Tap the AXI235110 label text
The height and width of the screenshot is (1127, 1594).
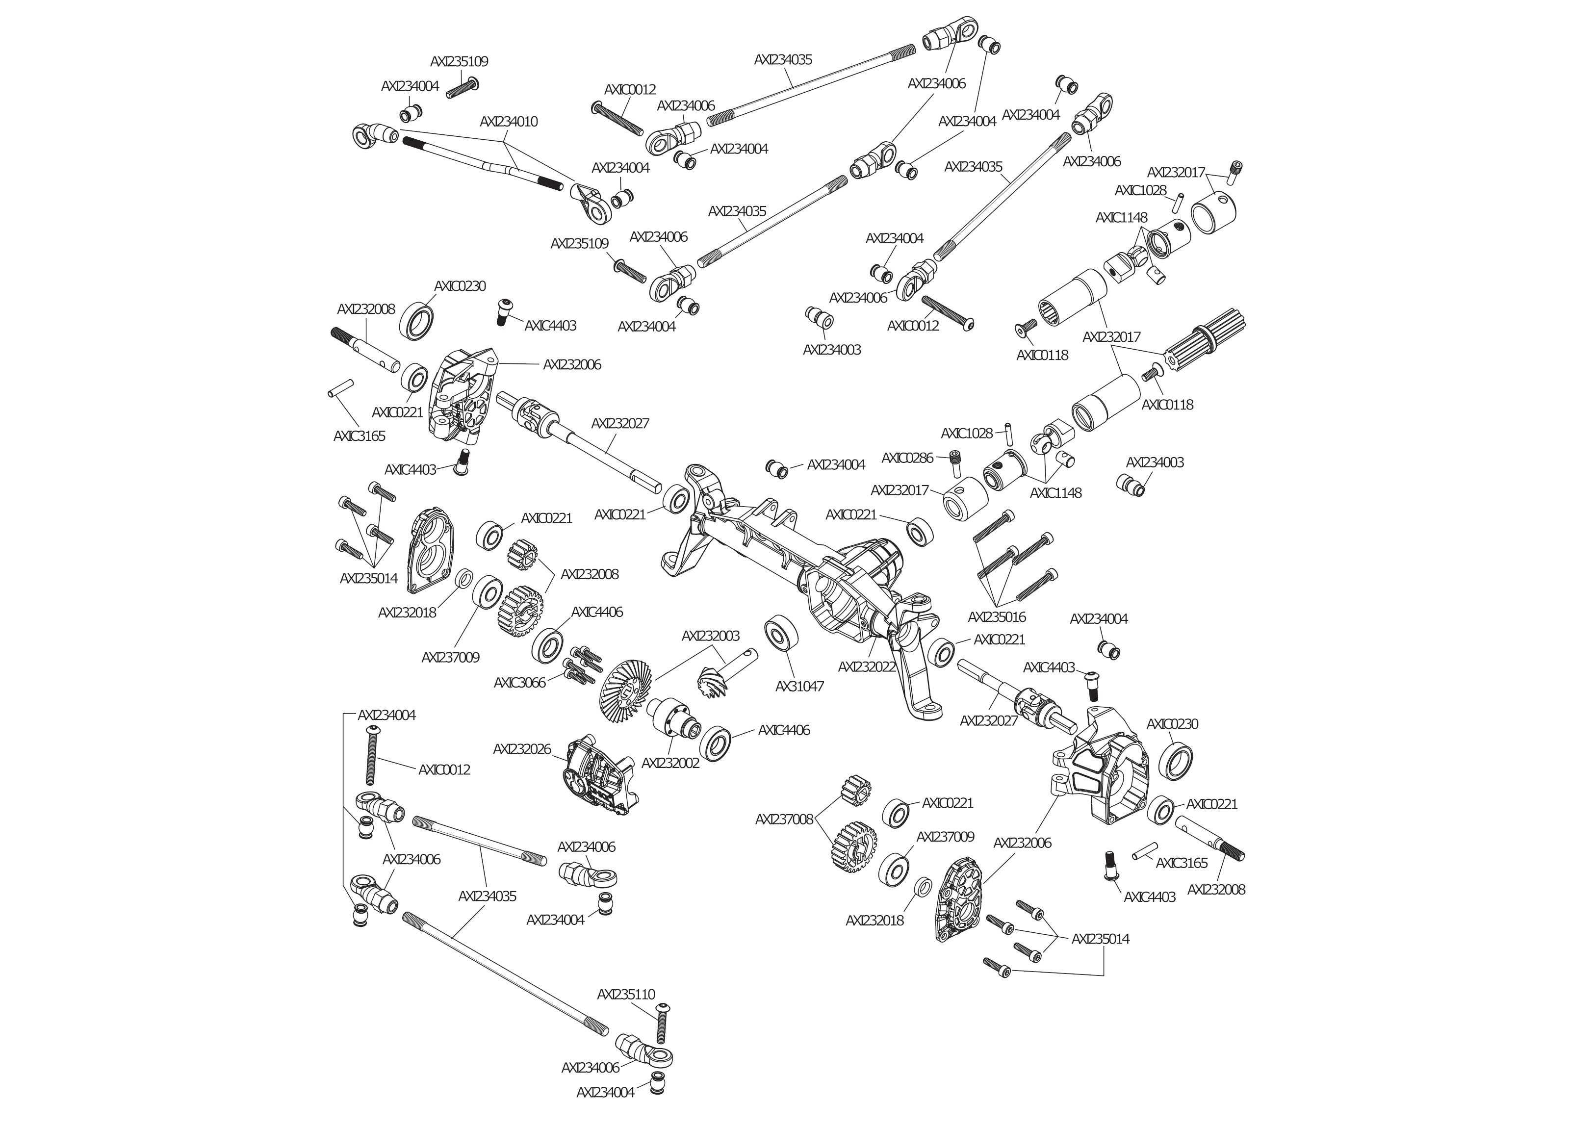[x=625, y=995]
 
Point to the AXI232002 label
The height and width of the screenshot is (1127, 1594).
[x=670, y=763]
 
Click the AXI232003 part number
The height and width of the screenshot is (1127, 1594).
[x=710, y=636]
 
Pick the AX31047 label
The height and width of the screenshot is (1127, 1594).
[x=799, y=686]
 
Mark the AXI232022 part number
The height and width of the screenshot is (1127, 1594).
[x=867, y=666]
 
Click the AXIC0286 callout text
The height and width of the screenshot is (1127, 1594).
[x=907, y=458]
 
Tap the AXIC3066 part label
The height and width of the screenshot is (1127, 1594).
[x=519, y=683]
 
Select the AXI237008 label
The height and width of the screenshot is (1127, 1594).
[x=784, y=820]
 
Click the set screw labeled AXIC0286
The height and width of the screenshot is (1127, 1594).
[x=956, y=462]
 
